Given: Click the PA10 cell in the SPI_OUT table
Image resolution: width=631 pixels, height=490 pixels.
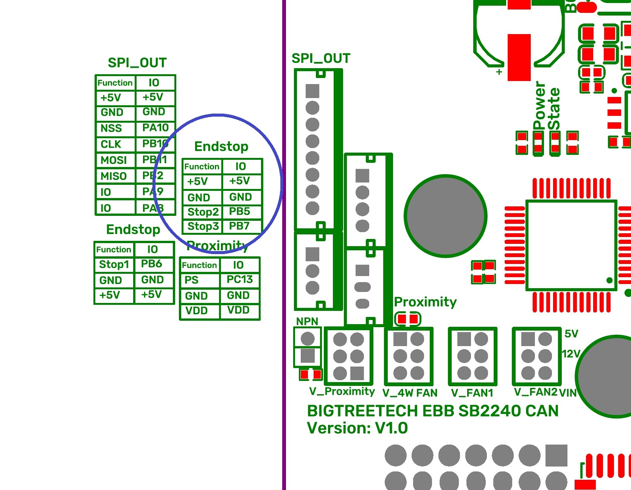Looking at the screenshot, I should [155, 128].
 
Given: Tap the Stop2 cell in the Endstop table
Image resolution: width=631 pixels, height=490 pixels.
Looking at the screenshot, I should [203, 212].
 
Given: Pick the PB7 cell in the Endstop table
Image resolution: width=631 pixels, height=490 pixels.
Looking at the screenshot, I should [239, 226].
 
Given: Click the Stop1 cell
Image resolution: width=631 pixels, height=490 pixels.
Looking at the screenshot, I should [114, 264].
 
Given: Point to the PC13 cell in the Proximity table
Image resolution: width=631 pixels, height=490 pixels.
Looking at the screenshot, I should [239, 279].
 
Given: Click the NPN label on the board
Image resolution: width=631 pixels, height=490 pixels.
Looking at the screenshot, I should [307, 321].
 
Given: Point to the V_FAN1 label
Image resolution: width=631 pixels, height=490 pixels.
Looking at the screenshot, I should [472, 393].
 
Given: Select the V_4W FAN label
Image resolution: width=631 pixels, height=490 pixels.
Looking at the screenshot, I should [410, 393].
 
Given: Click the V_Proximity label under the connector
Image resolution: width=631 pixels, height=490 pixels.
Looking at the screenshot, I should [342, 391].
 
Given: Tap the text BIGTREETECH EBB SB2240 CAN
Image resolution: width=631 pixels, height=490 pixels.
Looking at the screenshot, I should [432, 411].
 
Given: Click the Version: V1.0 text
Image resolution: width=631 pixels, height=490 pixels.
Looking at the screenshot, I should [357, 428].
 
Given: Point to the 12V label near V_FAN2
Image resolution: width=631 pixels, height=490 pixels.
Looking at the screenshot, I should [571, 354].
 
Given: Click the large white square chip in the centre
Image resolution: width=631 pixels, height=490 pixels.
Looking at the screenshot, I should [571, 245].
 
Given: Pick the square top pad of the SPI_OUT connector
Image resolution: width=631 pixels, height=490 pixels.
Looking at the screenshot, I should [312, 91].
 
